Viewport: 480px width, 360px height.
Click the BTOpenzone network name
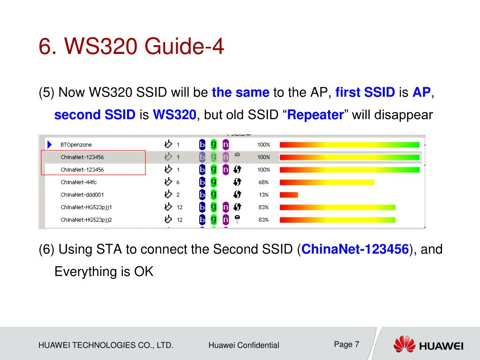(76, 145)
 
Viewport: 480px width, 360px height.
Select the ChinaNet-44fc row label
(79, 182)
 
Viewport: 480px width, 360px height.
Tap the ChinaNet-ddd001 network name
(82, 195)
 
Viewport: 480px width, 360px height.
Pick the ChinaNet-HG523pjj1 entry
(86, 207)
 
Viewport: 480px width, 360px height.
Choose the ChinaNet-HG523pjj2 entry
(86, 220)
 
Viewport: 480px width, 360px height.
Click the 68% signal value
(263, 182)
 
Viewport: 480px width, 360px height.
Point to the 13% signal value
(263, 195)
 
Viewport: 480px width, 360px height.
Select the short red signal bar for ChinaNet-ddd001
(289, 195)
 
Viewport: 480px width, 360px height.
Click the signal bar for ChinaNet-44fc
(327, 182)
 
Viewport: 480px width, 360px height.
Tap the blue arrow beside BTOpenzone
(50, 144)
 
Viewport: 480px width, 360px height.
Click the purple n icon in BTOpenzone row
(225, 144)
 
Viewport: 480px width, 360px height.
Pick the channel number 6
(178, 182)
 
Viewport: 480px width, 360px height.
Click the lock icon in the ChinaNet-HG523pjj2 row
(237, 219)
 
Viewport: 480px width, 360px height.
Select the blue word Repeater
(315, 115)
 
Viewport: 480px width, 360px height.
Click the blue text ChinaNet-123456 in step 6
(355, 249)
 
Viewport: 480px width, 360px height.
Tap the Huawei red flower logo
(405, 344)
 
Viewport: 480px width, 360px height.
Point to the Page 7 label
(346, 345)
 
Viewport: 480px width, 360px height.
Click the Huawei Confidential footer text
(244, 345)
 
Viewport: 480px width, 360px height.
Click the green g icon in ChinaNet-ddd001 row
(214, 195)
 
